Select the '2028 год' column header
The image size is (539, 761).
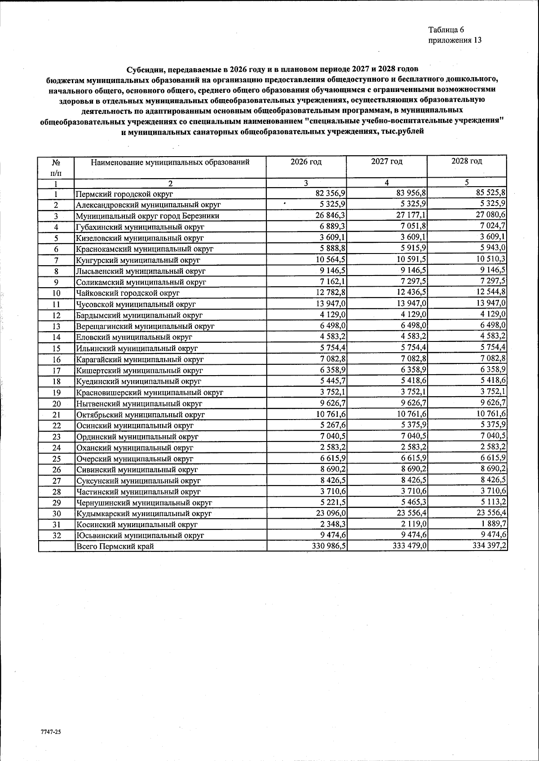tap(467, 161)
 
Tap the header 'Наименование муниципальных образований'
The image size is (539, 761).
tap(170, 162)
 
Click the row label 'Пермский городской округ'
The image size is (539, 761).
tap(124, 194)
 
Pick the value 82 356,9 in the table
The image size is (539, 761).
tap(330, 193)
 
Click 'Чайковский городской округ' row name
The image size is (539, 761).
tap(128, 293)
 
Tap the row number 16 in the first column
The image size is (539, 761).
tap(56, 359)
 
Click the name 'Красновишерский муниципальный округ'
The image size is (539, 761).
tap(150, 393)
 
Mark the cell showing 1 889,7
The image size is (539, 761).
tap(494, 524)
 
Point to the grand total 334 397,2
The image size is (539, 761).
tap(489, 546)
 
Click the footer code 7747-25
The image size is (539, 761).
tap(50, 731)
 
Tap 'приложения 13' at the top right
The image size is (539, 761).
tap(455, 40)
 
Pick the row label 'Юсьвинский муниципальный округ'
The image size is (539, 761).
tap(140, 535)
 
